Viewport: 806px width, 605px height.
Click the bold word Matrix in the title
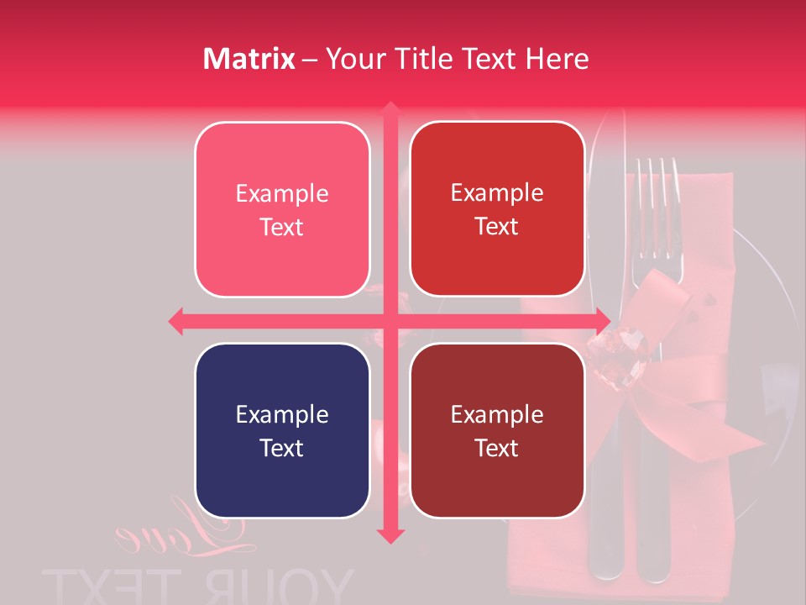pos(249,59)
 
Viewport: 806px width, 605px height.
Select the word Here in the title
pos(557,59)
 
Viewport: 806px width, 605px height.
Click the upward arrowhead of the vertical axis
pos(390,109)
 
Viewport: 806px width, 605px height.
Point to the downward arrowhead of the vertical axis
pos(390,535)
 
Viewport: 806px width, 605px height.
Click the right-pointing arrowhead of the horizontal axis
pos(603,321)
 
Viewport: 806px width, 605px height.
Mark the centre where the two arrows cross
pos(390,321)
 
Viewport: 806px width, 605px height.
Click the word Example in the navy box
pos(282,415)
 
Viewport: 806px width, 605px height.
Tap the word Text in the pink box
pos(282,228)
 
